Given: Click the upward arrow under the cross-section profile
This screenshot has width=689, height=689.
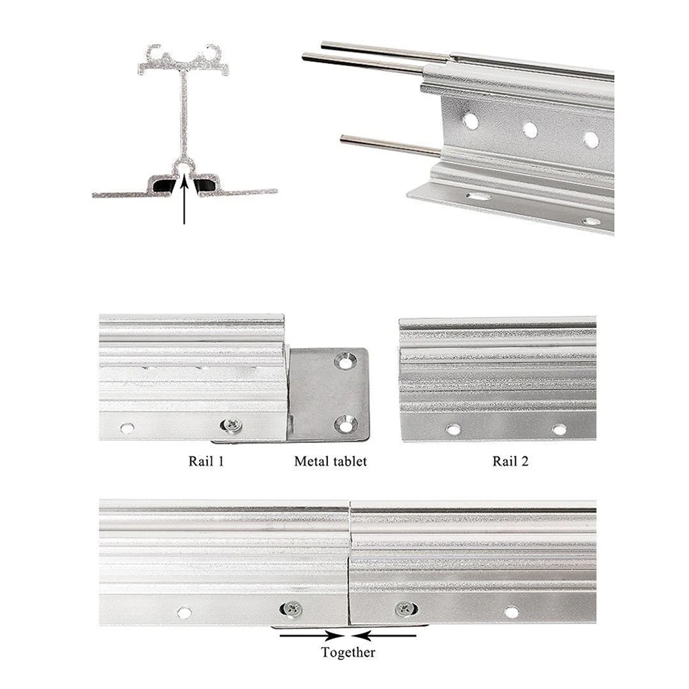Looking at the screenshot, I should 184,200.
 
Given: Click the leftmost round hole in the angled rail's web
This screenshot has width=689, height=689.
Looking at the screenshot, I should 471,121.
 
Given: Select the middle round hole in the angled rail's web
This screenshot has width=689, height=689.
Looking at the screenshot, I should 530,130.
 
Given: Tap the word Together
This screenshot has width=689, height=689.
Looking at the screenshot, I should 349,652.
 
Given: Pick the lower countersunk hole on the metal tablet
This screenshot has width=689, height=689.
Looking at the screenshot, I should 346,424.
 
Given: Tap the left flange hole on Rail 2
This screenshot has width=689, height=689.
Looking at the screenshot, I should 453,429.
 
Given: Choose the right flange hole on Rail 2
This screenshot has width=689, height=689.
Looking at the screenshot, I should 559,429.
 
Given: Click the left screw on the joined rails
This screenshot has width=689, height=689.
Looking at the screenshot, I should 291,608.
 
